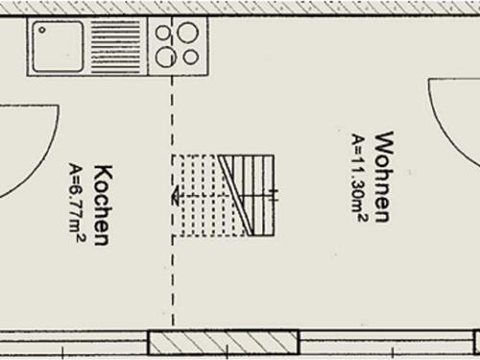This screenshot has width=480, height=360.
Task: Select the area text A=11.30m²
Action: click(x=357, y=178)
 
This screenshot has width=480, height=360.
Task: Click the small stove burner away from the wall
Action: click(x=191, y=57)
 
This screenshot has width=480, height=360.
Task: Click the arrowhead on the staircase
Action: click(x=177, y=198)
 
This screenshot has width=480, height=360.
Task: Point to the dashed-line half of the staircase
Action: click(x=200, y=197)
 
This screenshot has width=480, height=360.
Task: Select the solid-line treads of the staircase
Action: click(x=257, y=197)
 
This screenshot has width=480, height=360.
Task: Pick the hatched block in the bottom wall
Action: click(x=223, y=343)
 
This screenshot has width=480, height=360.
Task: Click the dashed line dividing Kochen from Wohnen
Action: click(x=173, y=278)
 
